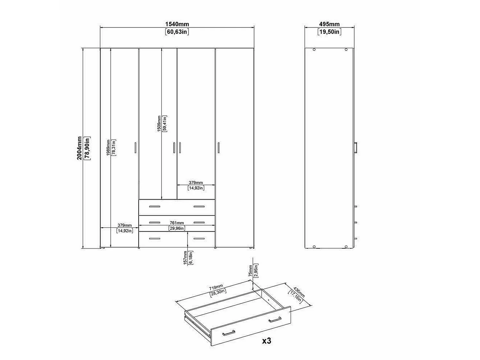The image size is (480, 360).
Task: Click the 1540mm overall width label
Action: pyautogui.click(x=177, y=24)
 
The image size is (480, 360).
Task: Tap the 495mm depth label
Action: pyautogui.click(x=329, y=24)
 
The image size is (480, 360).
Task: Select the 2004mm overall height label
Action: pyautogui.click(x=79, y=148)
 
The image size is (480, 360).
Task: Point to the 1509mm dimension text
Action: pyautogui.click(x=159, y=124)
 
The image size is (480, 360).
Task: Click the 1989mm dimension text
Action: pyautogui.click(x=108, y=148)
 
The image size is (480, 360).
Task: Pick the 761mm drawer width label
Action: pyautogui.click(x=177, y=223)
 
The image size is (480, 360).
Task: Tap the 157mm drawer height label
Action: pyautogui.click(x=185, y=258)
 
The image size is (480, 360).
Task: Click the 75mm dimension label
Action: pyautogui.click(x=251, y=271)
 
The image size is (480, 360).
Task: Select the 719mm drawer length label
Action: pyautogui.click(x=216, y=287)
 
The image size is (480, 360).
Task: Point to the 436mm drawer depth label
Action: pyautogui.click(x=299, y=292)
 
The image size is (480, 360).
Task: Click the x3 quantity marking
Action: pyautogui.click(x=267, y=341)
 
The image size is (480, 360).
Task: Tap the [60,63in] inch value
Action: pyautogui.click(x=177, y=32)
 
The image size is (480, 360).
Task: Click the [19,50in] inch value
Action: pyautogui.click(x=329, y=32)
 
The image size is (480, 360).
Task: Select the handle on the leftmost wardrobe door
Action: pyautogui.click(x=135, y=148)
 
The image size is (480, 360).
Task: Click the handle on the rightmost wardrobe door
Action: pyautogui.click(x=218, y=148)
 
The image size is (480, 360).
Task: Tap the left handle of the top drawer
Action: pyautogui.click(x=155, y=206)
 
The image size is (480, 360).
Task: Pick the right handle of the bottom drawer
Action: pyautogui.click(x=199, y=238)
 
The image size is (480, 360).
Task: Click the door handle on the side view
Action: pyautogui.click(x=356, y=148)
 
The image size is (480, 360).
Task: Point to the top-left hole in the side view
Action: pyautogui.click(x=314, y=50)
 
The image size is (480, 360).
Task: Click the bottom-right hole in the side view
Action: pyautogui.click(x=346, y=247)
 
